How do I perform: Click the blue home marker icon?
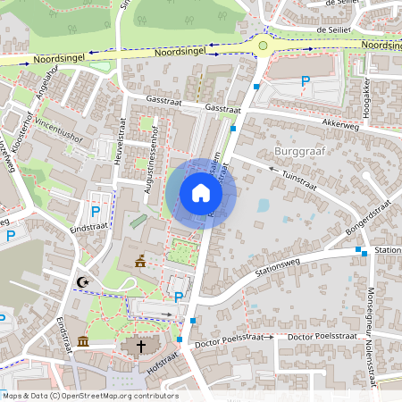tap(201, 193)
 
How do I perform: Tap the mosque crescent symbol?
tap(84, 282)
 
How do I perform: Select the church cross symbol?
tap(139, 346)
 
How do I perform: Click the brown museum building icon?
tap(83, 341)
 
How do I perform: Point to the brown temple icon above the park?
tap(140, 262)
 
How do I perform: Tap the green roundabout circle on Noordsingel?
tap(263, 46)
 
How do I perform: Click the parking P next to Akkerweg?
tap(306, 81)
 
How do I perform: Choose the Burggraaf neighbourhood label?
tap(299, 152)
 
